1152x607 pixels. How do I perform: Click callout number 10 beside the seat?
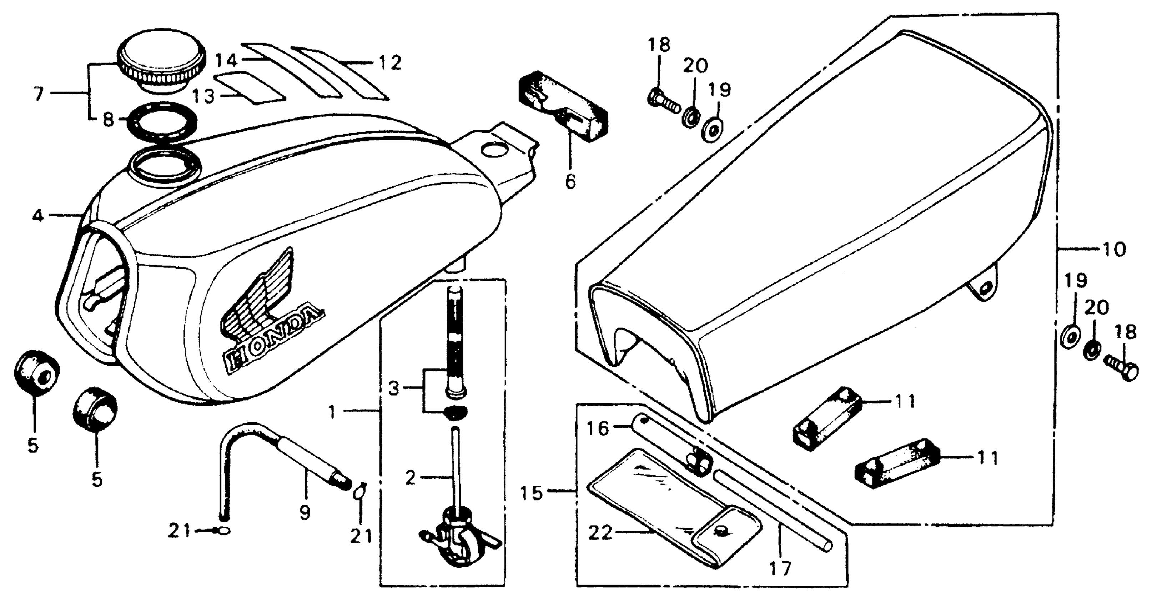click(x=1113, y=249)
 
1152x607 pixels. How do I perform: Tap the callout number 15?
click(x=531, y=493)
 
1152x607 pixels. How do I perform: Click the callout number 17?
click(x=780, y=568)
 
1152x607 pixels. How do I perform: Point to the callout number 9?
click(x=305, y=512)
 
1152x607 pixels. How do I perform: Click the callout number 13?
click(x=204, y=96)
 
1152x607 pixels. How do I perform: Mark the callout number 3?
click(x=393, y=389)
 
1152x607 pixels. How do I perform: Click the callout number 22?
click(x=600, y=533)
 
